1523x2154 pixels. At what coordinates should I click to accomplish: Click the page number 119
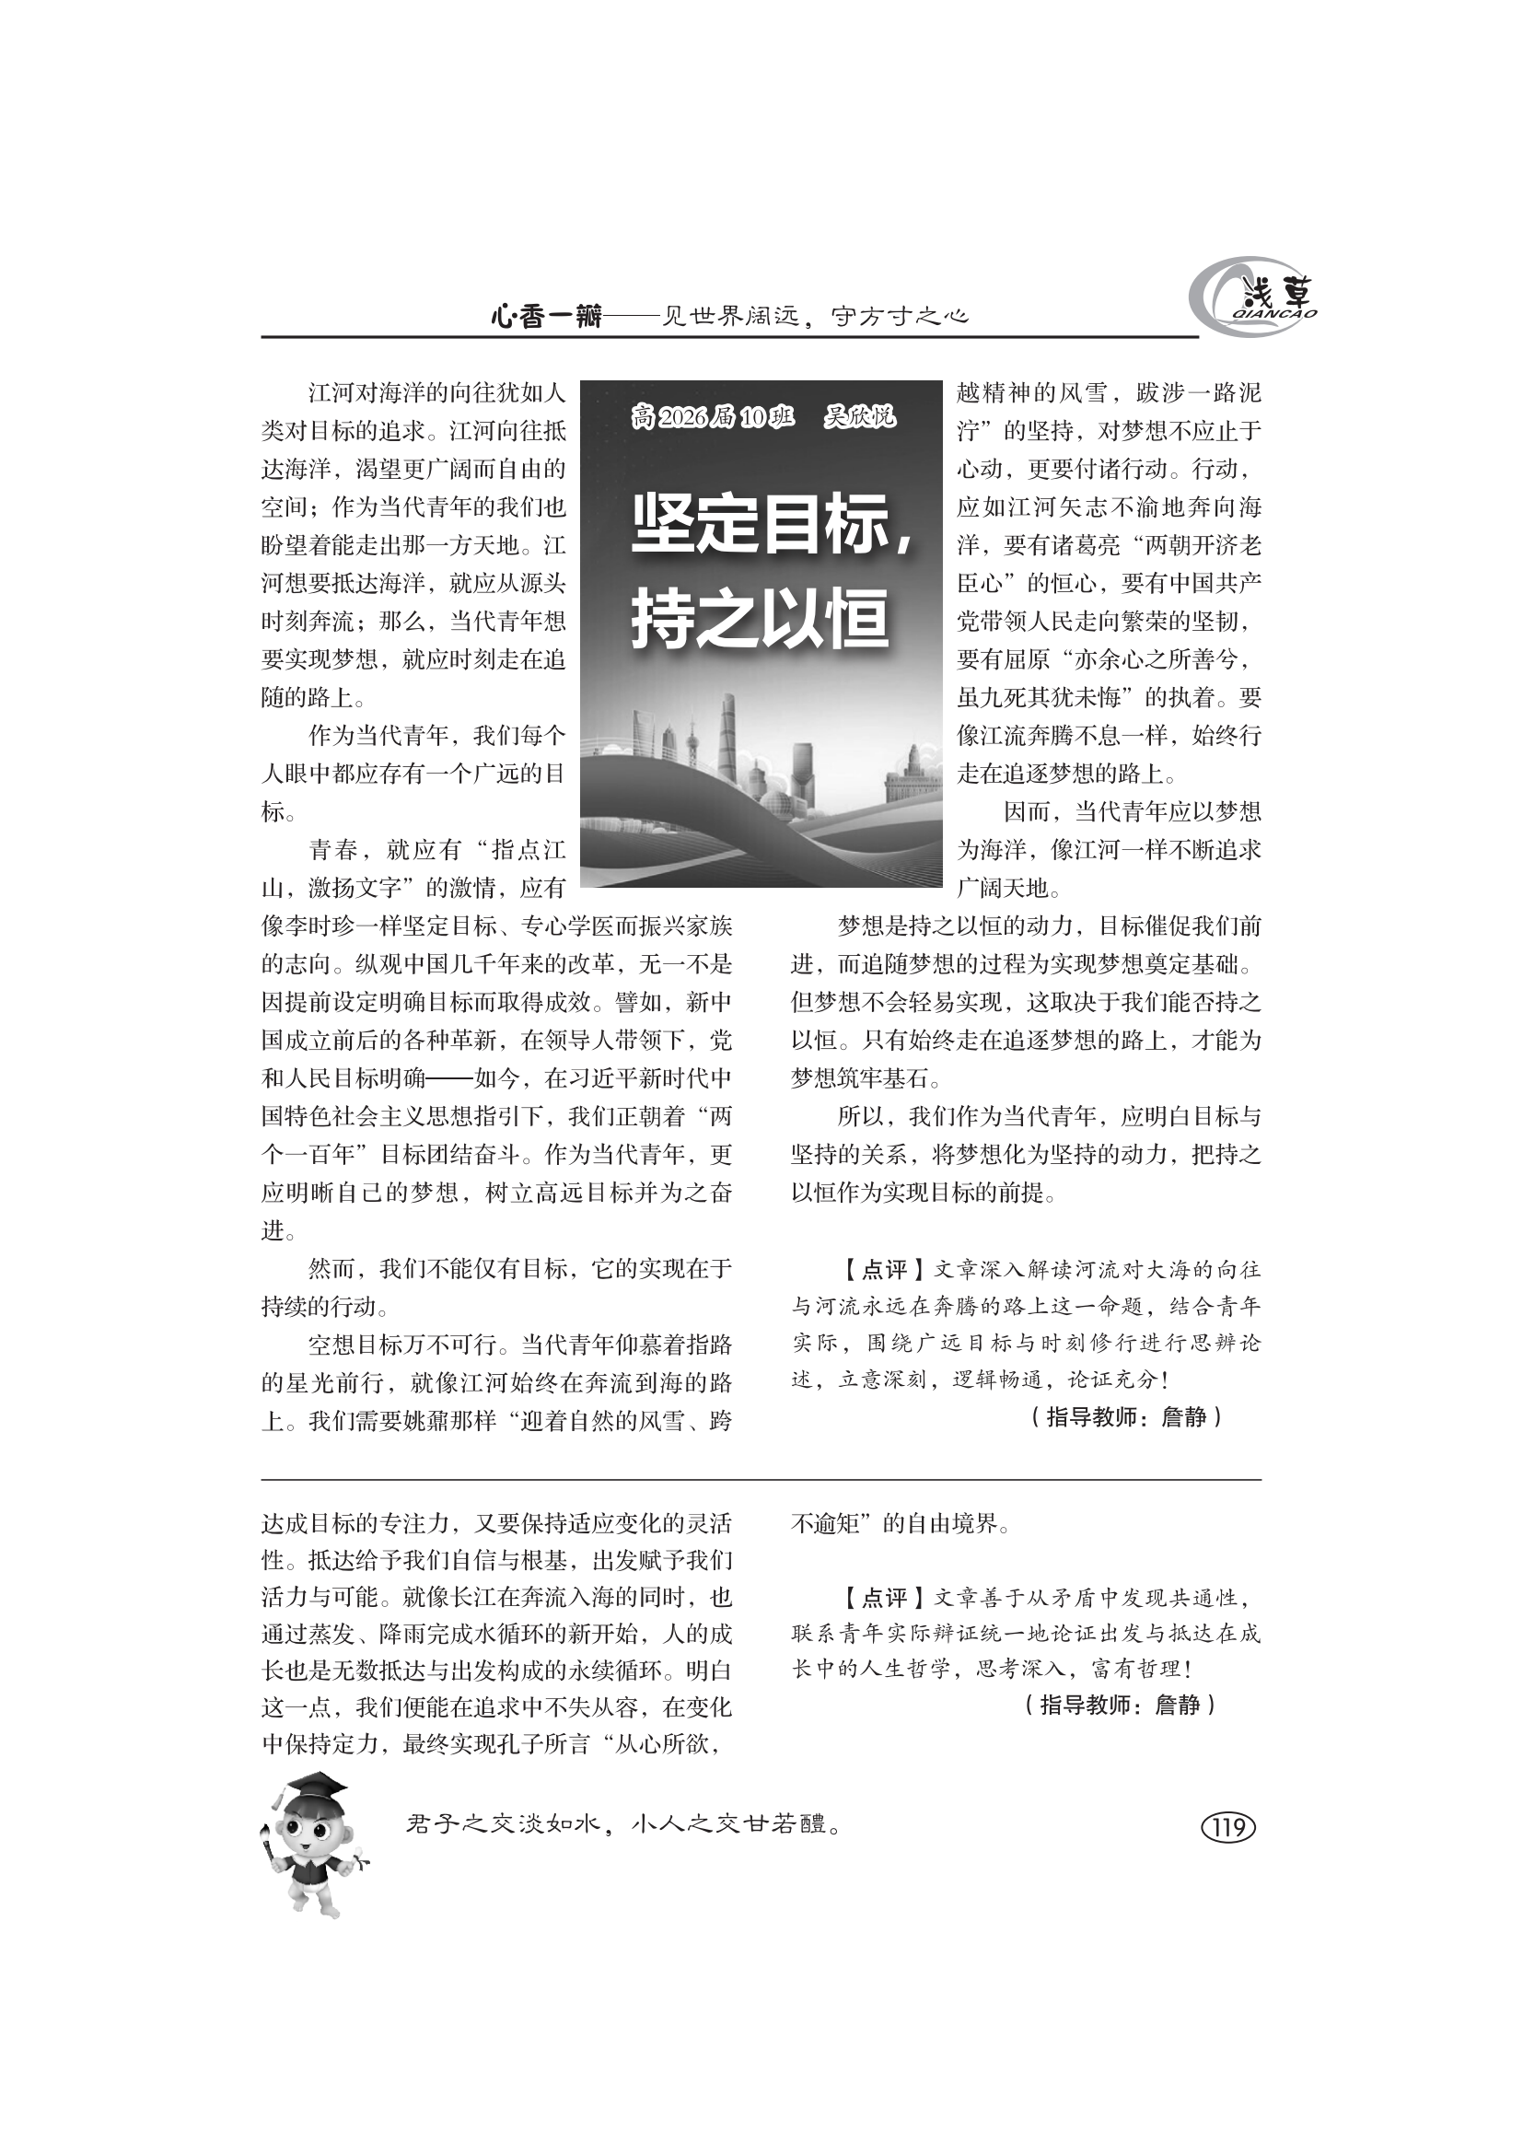coord(1227,1826)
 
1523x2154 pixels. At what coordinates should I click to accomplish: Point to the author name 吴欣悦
coord(859,416)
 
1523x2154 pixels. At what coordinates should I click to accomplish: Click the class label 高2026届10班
coord(714,416)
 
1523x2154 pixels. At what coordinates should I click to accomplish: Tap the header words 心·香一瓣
coord(546,317)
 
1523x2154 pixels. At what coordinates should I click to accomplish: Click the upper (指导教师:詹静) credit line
coord(1125,1416)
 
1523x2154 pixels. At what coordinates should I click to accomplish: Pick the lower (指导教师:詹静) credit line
coord(1120,1705)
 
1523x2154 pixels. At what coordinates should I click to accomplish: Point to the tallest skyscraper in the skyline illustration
coord(727,741)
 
